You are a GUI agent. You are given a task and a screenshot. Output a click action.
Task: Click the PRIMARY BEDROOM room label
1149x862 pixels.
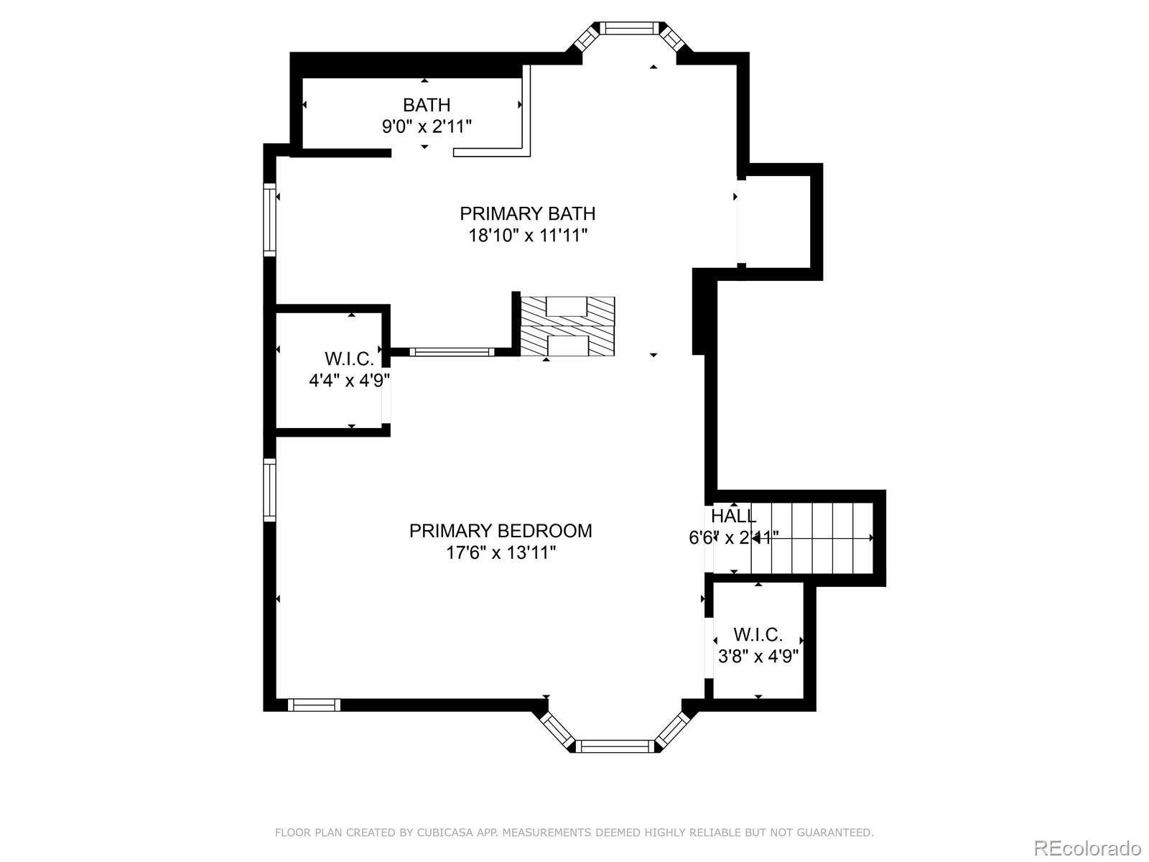[501, 531]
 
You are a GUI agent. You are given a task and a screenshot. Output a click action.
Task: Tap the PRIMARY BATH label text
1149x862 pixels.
[527, 213]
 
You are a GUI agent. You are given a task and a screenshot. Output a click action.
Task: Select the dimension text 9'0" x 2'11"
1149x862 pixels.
[427, 126]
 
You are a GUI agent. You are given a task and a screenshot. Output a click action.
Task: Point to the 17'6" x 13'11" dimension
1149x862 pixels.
[501, 552]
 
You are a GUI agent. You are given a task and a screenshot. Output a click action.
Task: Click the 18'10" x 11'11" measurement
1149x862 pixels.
[527, 236]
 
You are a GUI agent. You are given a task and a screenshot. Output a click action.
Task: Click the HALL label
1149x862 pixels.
[733, 516]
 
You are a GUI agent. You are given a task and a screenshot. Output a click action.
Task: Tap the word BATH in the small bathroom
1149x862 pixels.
[427, 105]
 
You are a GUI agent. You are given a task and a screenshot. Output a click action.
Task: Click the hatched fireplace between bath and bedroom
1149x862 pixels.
[567, 327]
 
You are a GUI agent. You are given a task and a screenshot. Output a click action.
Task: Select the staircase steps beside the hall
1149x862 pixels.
[812, 538]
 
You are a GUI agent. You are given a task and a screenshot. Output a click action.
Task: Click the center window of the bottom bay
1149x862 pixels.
[615, 746]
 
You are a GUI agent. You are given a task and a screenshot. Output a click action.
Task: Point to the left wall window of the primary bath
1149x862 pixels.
[269, 220]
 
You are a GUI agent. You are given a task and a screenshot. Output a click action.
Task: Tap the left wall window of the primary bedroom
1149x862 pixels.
[269, 490]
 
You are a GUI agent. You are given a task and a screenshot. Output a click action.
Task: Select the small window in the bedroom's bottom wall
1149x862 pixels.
[314, 705]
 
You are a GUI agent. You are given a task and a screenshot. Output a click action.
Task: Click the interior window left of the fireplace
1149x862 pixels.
[452, 352]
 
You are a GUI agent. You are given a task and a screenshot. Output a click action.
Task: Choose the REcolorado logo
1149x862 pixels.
[1088, 848]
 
